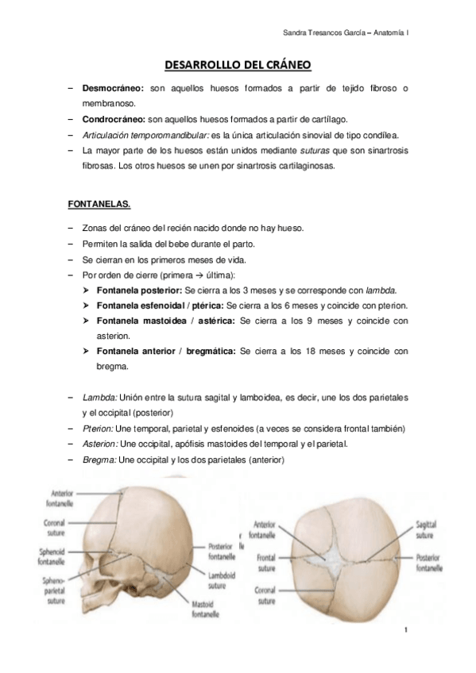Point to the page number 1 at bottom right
[405, 632]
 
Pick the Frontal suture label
[265, 562]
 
